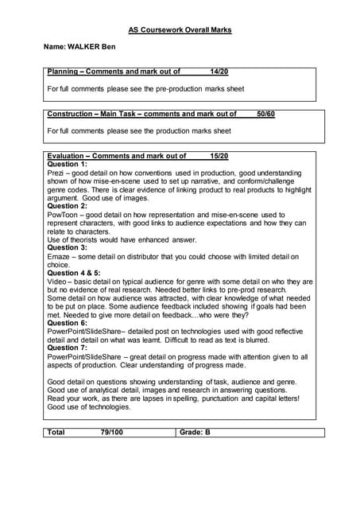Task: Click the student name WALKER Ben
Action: point(79,48)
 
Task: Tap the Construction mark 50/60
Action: point(266,114)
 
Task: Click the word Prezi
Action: point(56,173)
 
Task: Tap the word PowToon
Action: point(62,215)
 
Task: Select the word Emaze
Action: point(59,256)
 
